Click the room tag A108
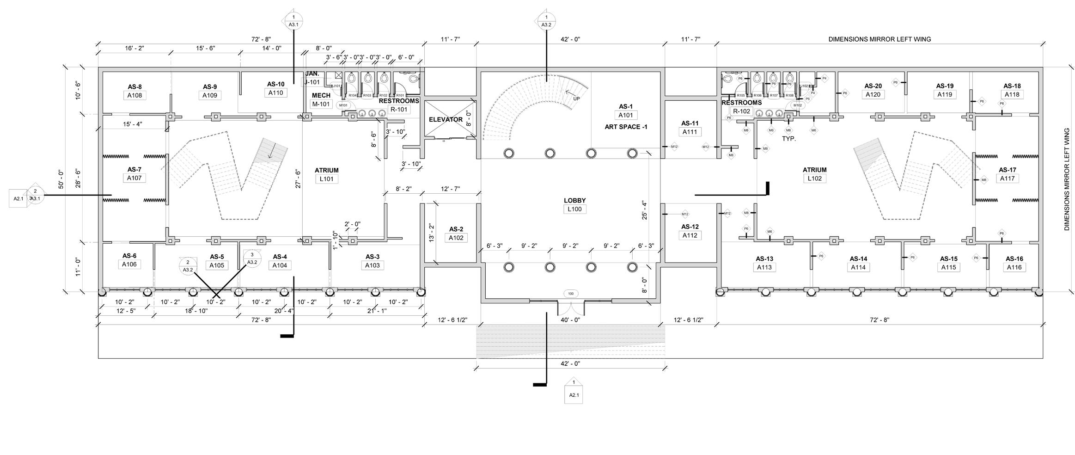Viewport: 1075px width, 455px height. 134,95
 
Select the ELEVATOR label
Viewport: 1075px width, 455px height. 446,119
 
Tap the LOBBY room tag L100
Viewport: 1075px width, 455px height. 574,209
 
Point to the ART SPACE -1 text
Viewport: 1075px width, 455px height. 626,127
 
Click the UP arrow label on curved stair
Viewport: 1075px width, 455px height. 576,98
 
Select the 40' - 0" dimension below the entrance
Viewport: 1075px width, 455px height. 570,320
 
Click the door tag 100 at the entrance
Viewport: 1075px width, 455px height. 571,294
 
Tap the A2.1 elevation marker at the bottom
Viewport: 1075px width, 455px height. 574,395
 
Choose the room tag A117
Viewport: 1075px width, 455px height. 1007,178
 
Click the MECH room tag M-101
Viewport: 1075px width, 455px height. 321,104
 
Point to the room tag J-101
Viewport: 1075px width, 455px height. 312,82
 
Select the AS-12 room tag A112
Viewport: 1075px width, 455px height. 690,235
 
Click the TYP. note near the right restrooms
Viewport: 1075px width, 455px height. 788,139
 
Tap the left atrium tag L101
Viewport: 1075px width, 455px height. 326,179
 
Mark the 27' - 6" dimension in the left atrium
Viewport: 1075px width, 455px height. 298,179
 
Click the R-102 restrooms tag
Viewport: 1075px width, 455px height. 741,111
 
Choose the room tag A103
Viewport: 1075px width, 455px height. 372,265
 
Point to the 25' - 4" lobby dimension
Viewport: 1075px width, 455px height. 644,210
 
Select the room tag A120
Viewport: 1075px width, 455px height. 873,94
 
